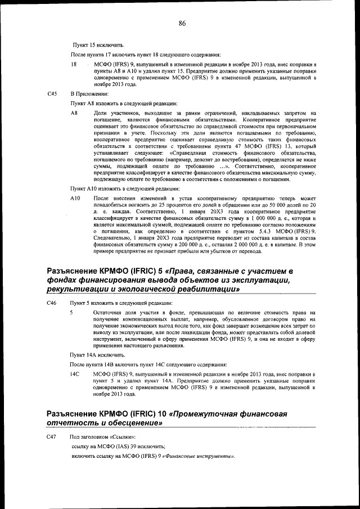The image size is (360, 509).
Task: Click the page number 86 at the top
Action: pyautogui.click(x=182, y=23)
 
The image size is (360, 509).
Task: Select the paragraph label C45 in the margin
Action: pyautogui.click(x=52, y=94)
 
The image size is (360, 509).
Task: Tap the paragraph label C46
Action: pyautogui.click(x=52, y=303)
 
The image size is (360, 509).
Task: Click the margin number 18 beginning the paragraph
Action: pyautogui.click(x=73, y=65)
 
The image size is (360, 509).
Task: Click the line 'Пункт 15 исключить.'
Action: pyautogui.click(x=98, y=44)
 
